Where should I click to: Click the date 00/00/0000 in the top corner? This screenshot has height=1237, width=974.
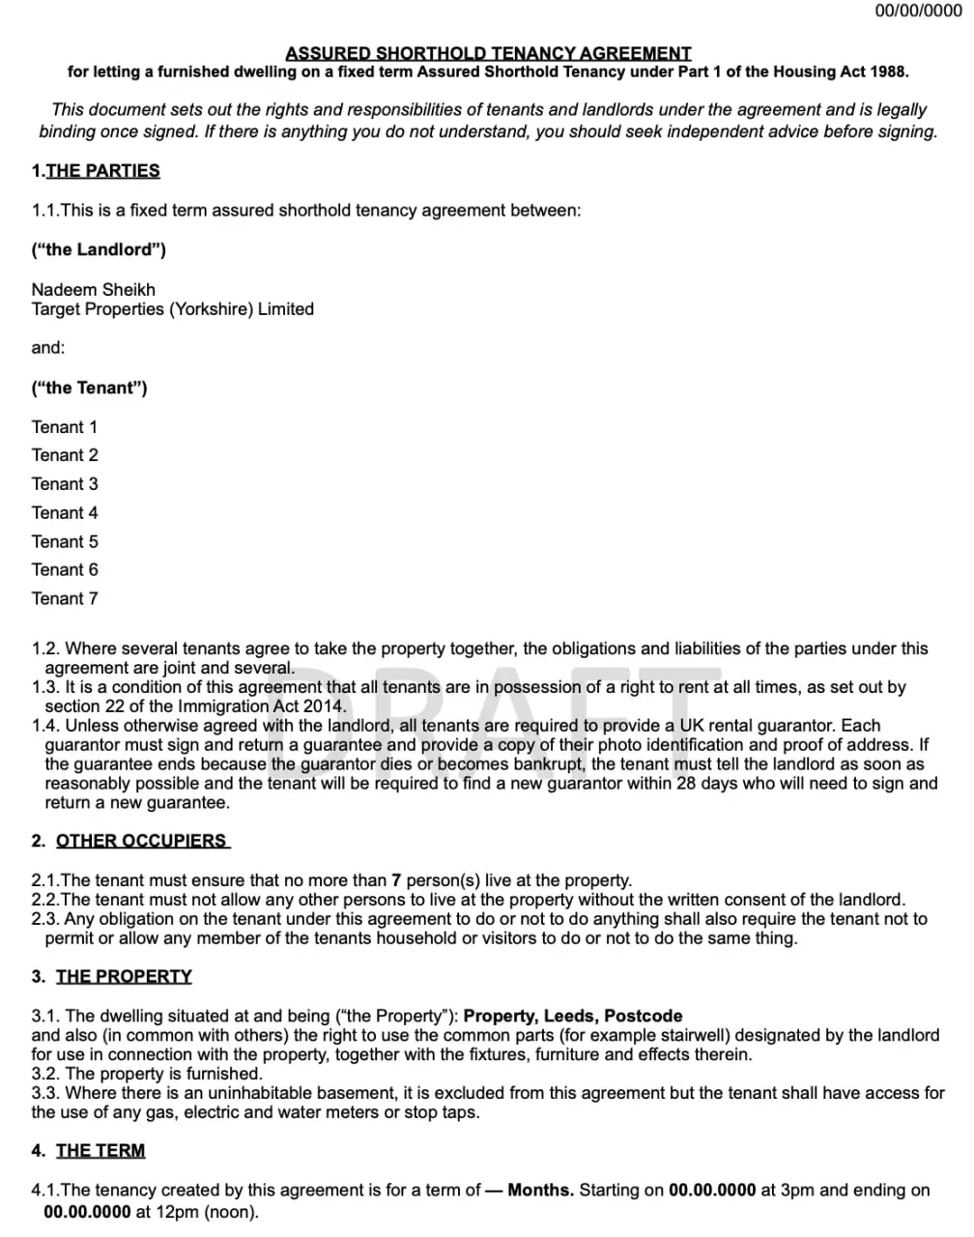(918, 11)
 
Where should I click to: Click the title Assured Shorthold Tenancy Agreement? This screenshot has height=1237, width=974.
(488, 53)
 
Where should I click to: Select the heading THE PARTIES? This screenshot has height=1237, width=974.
(102, 171)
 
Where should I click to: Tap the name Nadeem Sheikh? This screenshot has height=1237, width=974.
(93, 289)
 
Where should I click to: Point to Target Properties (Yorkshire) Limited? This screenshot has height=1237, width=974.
(172, 309)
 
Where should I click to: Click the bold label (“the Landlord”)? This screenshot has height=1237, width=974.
(99, 249)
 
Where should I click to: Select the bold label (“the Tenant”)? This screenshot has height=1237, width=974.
(89, 388)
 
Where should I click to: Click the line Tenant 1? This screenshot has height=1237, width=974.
(64, 427)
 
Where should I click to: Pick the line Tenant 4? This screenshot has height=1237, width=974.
(64, 513)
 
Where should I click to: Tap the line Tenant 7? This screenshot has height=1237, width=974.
(64, 599)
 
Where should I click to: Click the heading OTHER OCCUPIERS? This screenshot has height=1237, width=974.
(141, 841)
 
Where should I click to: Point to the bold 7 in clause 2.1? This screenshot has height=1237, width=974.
(396, 880)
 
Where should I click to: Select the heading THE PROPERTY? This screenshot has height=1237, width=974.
(124, 976)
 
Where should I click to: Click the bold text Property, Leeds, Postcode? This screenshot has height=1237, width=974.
(573, 1016)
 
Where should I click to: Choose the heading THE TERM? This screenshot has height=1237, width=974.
(100, 1150)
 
